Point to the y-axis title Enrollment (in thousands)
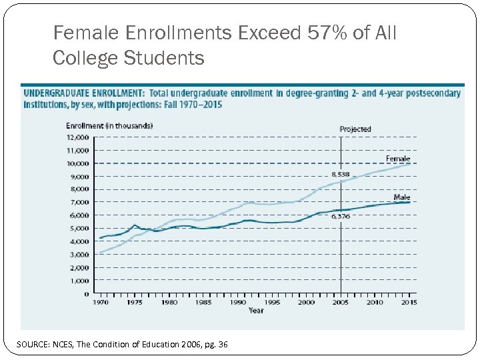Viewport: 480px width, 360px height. point(109,125)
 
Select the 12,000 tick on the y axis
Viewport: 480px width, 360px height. point(77,137)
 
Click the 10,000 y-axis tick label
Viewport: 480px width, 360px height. point(77,163)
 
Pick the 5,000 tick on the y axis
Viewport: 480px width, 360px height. point(79,229)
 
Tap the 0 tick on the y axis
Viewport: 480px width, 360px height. point(87,293)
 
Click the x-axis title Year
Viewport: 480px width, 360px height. point(255,311)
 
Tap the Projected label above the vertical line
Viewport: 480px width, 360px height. point(355,129)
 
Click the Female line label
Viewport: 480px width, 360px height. point(398,159)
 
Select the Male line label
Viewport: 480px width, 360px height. point(401,197)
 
